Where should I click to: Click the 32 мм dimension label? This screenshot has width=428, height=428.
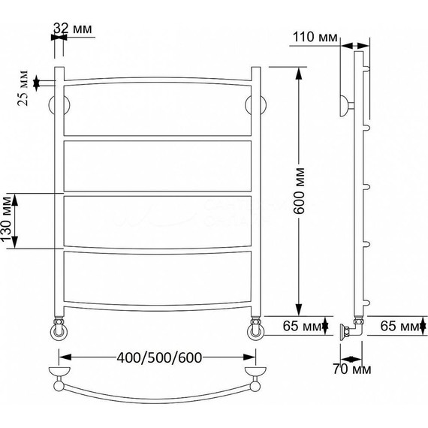tap(73, 28)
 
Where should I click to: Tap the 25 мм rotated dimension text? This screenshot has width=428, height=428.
tap(23, 88)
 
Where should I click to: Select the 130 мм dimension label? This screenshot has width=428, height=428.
tap(7, 219)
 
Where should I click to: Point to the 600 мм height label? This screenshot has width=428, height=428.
tap(300, 191)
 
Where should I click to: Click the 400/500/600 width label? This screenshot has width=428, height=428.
tap(159, 357)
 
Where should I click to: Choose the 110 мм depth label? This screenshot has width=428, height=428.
tap(315, 37)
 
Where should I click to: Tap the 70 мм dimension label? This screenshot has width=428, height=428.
tap(352, 369)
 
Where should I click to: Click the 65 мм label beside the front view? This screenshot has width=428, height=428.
tap(302, 326)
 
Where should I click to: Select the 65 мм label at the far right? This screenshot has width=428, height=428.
tap(399, 326)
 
